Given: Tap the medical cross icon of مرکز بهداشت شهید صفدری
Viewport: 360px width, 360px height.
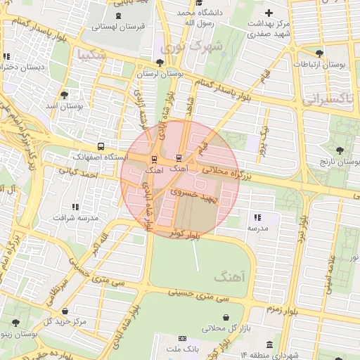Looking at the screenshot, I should (x=269, y=13).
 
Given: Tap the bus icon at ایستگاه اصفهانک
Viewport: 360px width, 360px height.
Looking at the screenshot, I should (x=102, y=147).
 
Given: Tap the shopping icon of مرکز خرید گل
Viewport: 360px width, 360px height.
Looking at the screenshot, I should (x=65, y=311).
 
